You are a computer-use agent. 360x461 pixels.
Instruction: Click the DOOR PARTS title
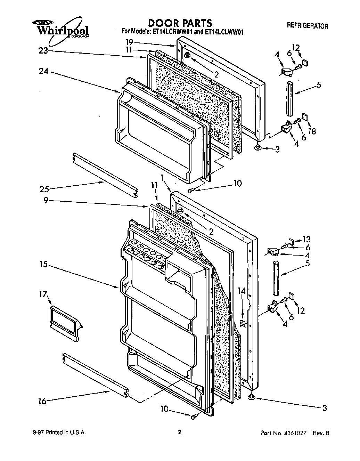tap(180, 23)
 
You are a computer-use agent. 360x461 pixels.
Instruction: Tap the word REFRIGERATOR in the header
tap(307, 26)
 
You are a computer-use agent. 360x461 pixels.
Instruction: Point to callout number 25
tap(44, 189)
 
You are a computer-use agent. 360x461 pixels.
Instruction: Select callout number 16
tap(42, 402)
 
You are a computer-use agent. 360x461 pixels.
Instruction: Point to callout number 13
tap(306, 240)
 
